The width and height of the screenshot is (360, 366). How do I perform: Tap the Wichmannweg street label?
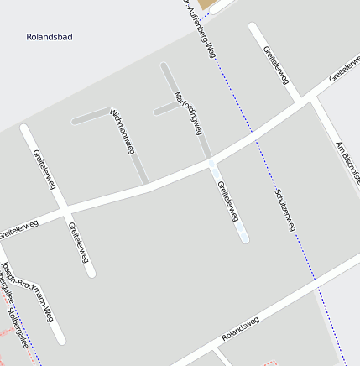pyautogui.click(x=123, y=131)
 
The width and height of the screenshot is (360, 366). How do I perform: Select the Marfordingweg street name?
pyautogui.click(x=188, y=112)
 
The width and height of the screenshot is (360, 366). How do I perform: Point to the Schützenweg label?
pyautogui.click(x=285, y=212)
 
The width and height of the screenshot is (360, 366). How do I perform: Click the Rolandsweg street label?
pyautogui.click(x=241, y=328)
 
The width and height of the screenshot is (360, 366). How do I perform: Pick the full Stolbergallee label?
pyautogui.click(x=18, y=328)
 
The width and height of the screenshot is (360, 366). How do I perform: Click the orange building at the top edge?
pyautogui.click(x=208, y=4)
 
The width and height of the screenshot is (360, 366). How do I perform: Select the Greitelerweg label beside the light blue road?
pyautogui.click(x=227, y=201)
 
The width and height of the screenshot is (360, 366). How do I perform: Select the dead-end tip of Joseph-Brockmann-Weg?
pyautogui.click(x=59, y=338)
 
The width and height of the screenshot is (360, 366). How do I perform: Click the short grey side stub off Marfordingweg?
pyautogui.click(x=165, y=109)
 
